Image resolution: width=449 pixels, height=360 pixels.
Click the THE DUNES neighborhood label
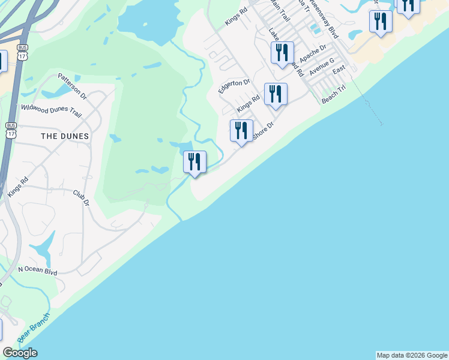point(65,136)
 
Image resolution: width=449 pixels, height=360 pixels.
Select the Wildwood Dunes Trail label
point(51,109)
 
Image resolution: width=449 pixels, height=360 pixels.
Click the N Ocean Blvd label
point(37,272)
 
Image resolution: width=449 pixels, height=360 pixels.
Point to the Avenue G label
point(322,67)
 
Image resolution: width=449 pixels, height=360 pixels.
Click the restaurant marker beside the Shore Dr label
point(242,131)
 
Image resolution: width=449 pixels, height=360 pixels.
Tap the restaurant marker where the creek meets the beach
point(194,162)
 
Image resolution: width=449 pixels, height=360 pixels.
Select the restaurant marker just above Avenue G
point(282,53)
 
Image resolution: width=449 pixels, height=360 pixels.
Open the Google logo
point(20,353)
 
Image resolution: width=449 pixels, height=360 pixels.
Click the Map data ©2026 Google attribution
point(411,355)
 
